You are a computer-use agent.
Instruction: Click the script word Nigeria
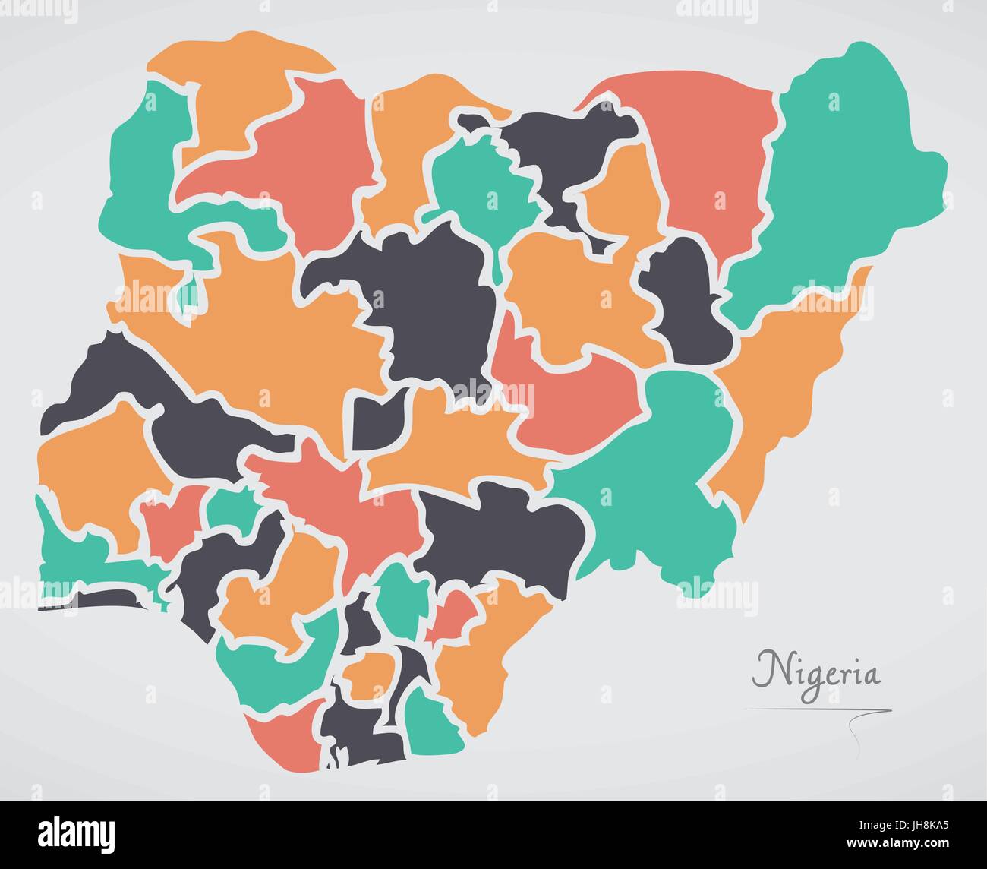[816, 671]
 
